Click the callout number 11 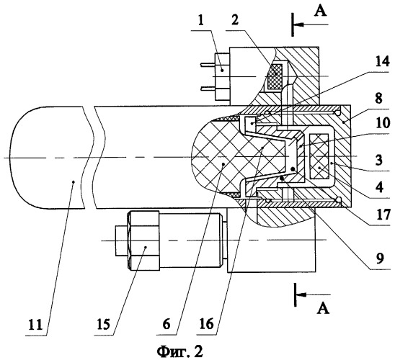[35, 325]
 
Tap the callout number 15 [103, 325]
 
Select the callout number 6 [167, 324]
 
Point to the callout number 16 [207, 324]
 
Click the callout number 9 [379, 258]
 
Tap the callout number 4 [379, 187]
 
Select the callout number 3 [379, 161]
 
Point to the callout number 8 [379, 99]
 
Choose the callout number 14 [383, 62]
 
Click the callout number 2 [234, 20]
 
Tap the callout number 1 [200, 20]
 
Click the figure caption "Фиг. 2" [180, 351]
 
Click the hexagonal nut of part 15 [144, 241]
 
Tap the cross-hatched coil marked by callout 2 [275, 76]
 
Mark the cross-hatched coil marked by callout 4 [319, 157]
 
